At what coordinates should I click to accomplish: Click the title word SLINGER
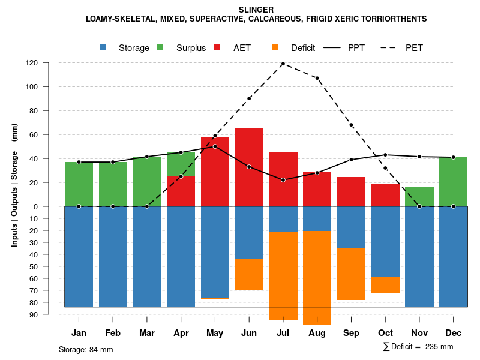[x=256, y=10]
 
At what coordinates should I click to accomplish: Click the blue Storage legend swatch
[x=103, y=47]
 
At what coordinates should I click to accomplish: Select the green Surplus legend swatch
[x=160, y=47]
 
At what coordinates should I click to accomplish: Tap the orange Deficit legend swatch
[x=275, y=47]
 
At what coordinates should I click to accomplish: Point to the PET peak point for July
[x=283, y=64]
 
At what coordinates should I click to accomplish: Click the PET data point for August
[x=317, y=78]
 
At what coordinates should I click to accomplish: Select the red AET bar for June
[x=249, y=167]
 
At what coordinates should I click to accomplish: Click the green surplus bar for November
[x=419, y=197]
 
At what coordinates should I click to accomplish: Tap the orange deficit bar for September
[x=351, y=274]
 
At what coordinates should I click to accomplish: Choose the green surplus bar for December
[x=454, y=182]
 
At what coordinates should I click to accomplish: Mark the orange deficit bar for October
[x=385, y=284]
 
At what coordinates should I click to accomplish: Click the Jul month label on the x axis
[x=283, y=333]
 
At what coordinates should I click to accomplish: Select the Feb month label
[x=113, y=333]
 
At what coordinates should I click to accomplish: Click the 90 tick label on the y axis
[x=34, y=314]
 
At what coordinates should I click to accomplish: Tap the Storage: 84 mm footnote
[x=86, y=349]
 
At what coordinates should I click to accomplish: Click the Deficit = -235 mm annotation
[x=418, y=347]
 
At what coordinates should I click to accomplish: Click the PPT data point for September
[x=351, y=160]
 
